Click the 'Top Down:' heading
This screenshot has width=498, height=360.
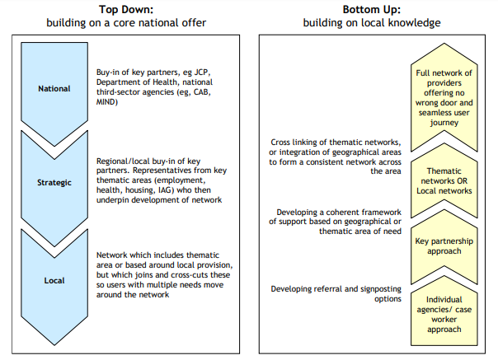pyautogui.click(x=126, y=10)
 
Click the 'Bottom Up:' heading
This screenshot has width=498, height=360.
pyautogui.click(x=372, y=10)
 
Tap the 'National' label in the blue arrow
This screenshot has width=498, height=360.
pyautogui.click(x=54, y=89)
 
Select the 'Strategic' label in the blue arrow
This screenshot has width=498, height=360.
pyautogui.click(x=54, y=183)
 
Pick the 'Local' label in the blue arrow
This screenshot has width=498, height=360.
pyautogui.click(x=54, y=281)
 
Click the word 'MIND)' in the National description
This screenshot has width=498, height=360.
pyautogui.click(x=107, y=102)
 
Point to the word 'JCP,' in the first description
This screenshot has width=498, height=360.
pyautogui.click(x=202, y=72)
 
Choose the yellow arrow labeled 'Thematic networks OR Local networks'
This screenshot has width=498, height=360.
pyautogui.click(x=444, y=181)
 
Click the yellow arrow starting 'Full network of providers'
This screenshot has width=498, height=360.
pyautogui.click(x=444, y=97)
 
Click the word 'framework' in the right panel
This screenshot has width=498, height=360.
pyautogui.click(x=378, y=212)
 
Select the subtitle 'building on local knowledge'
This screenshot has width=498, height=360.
pyautogui.click(x=372, y=23)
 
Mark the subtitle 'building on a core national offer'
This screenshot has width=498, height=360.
pyautogui.click(x=126, y=23)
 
